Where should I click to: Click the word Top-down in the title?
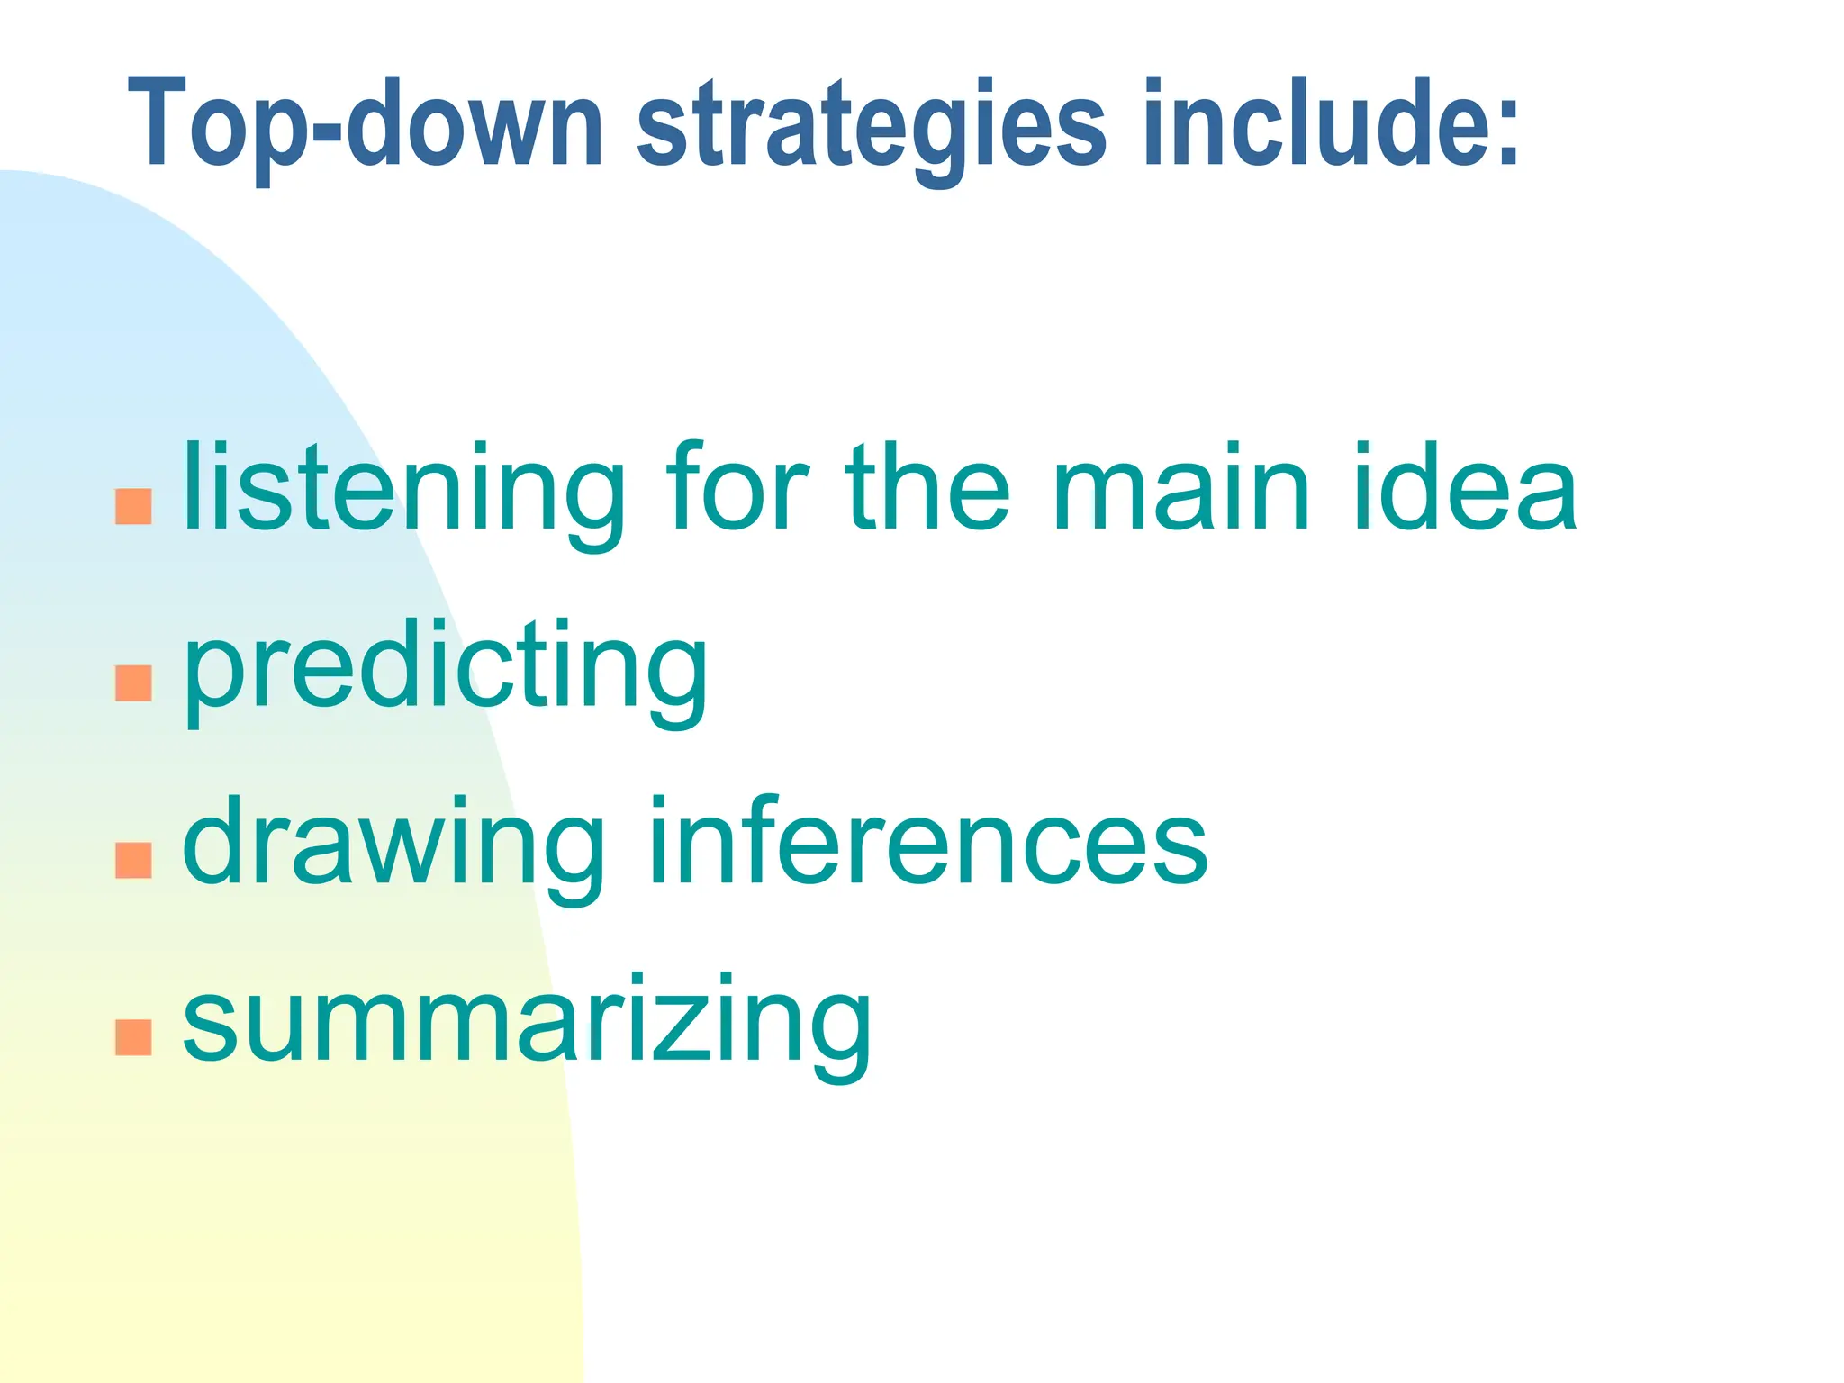366,124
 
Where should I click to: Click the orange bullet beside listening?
133,507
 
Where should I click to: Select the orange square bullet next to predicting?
133,683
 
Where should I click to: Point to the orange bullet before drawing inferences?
133,861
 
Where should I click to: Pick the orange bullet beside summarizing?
133,1037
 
